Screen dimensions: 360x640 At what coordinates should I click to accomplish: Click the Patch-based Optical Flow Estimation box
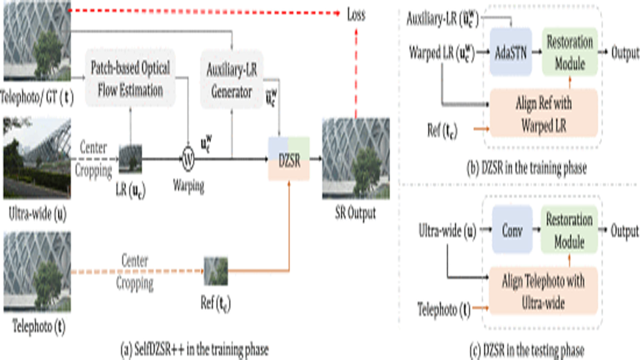(x=130, y=78)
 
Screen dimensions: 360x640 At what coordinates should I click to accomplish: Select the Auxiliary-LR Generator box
(x=232, y=80)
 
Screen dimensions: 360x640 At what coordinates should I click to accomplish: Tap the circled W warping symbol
(x=188, y=159)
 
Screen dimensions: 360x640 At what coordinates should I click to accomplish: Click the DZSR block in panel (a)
(x=289, y=159)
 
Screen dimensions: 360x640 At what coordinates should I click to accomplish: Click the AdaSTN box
(x=510, y=52)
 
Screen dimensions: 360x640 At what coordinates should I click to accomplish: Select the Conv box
(x=512, y=230)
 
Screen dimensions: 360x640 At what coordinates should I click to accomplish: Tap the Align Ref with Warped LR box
(x=543, y=113)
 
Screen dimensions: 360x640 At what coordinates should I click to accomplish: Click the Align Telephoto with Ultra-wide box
(x=543, y=291)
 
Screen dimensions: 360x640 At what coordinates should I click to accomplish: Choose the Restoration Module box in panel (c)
(x=569, y=230)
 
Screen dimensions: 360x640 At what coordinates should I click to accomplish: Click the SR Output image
(x=356, y=159)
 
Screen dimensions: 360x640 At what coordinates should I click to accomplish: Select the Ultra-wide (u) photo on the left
(x=37, y=159)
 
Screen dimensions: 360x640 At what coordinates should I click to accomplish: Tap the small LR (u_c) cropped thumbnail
(x=130, y=159)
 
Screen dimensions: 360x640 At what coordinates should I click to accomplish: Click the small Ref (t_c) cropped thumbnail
(x=216, y=271)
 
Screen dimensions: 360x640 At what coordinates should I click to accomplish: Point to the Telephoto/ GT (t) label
(x=37, y=97)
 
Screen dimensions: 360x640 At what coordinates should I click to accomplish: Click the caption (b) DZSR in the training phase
(x=526, y=168)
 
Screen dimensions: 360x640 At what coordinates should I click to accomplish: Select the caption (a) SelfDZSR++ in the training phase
(x=194, y=349)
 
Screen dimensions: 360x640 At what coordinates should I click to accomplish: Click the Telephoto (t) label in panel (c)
(x=444, y=309)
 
